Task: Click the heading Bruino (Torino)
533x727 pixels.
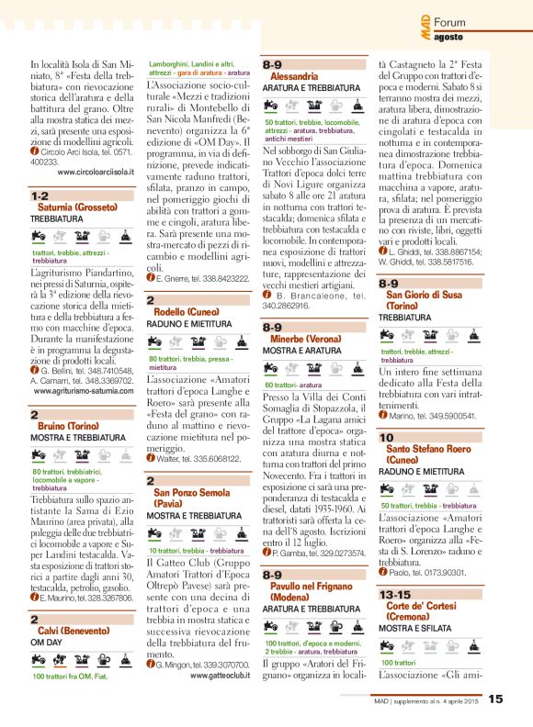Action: coord(70,427)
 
